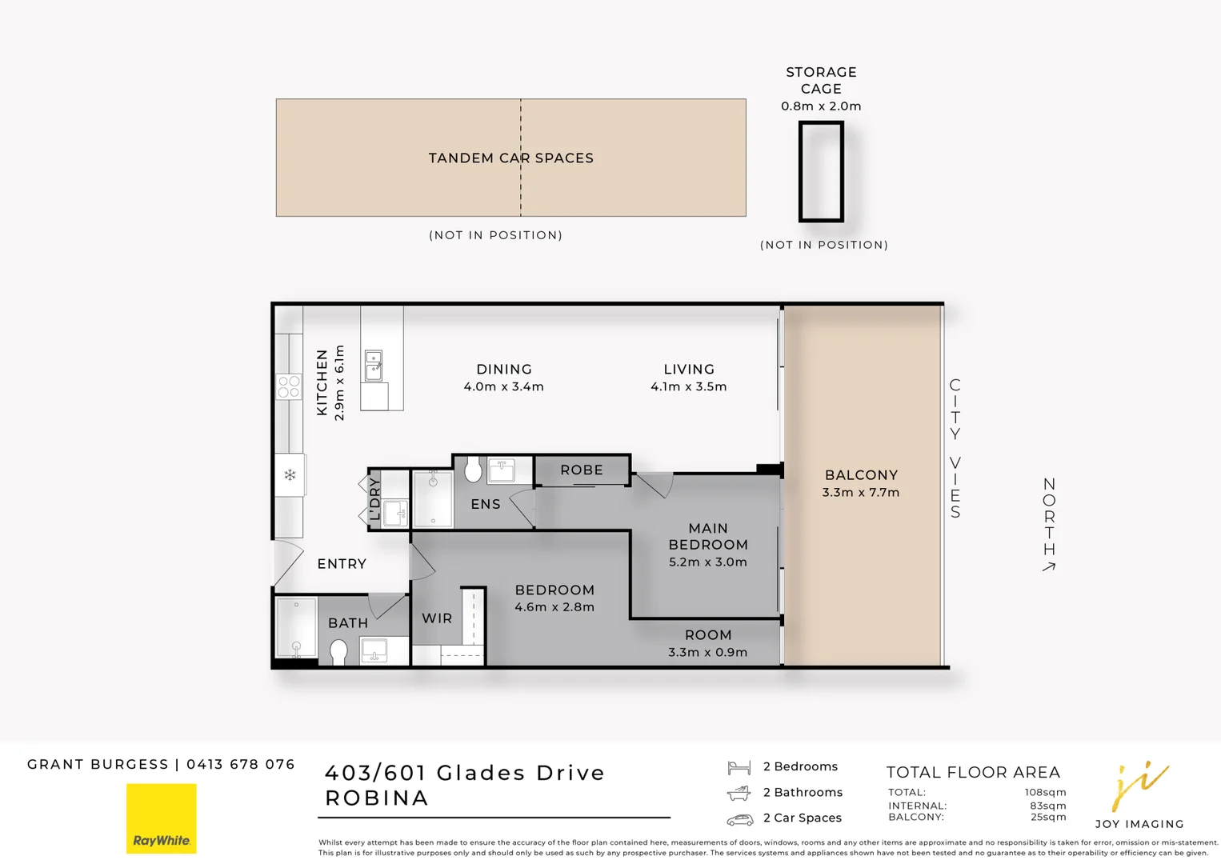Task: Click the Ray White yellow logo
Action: tap(162, 818)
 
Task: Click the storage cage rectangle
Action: tap(821, 172)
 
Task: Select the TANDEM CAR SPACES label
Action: tap(510, 158)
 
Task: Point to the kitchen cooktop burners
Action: tap(288, 386)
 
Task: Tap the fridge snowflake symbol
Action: tap(290, 474)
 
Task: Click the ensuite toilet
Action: tap(473, 470)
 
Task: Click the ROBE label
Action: tap(582, 470)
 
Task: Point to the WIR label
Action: tap(437, 618)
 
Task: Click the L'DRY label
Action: tap(374, 498)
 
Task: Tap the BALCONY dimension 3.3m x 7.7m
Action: tap(861, 492)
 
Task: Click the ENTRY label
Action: tap(342, 564)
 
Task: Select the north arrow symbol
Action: tap(1049, 567)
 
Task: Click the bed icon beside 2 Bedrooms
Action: tap(739, 767)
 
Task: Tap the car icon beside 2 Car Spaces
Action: tap(739, 819)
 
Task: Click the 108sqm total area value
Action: tap(1045, 792)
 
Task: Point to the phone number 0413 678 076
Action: tap(240, 764)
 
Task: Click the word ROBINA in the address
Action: tap(377, 798)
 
